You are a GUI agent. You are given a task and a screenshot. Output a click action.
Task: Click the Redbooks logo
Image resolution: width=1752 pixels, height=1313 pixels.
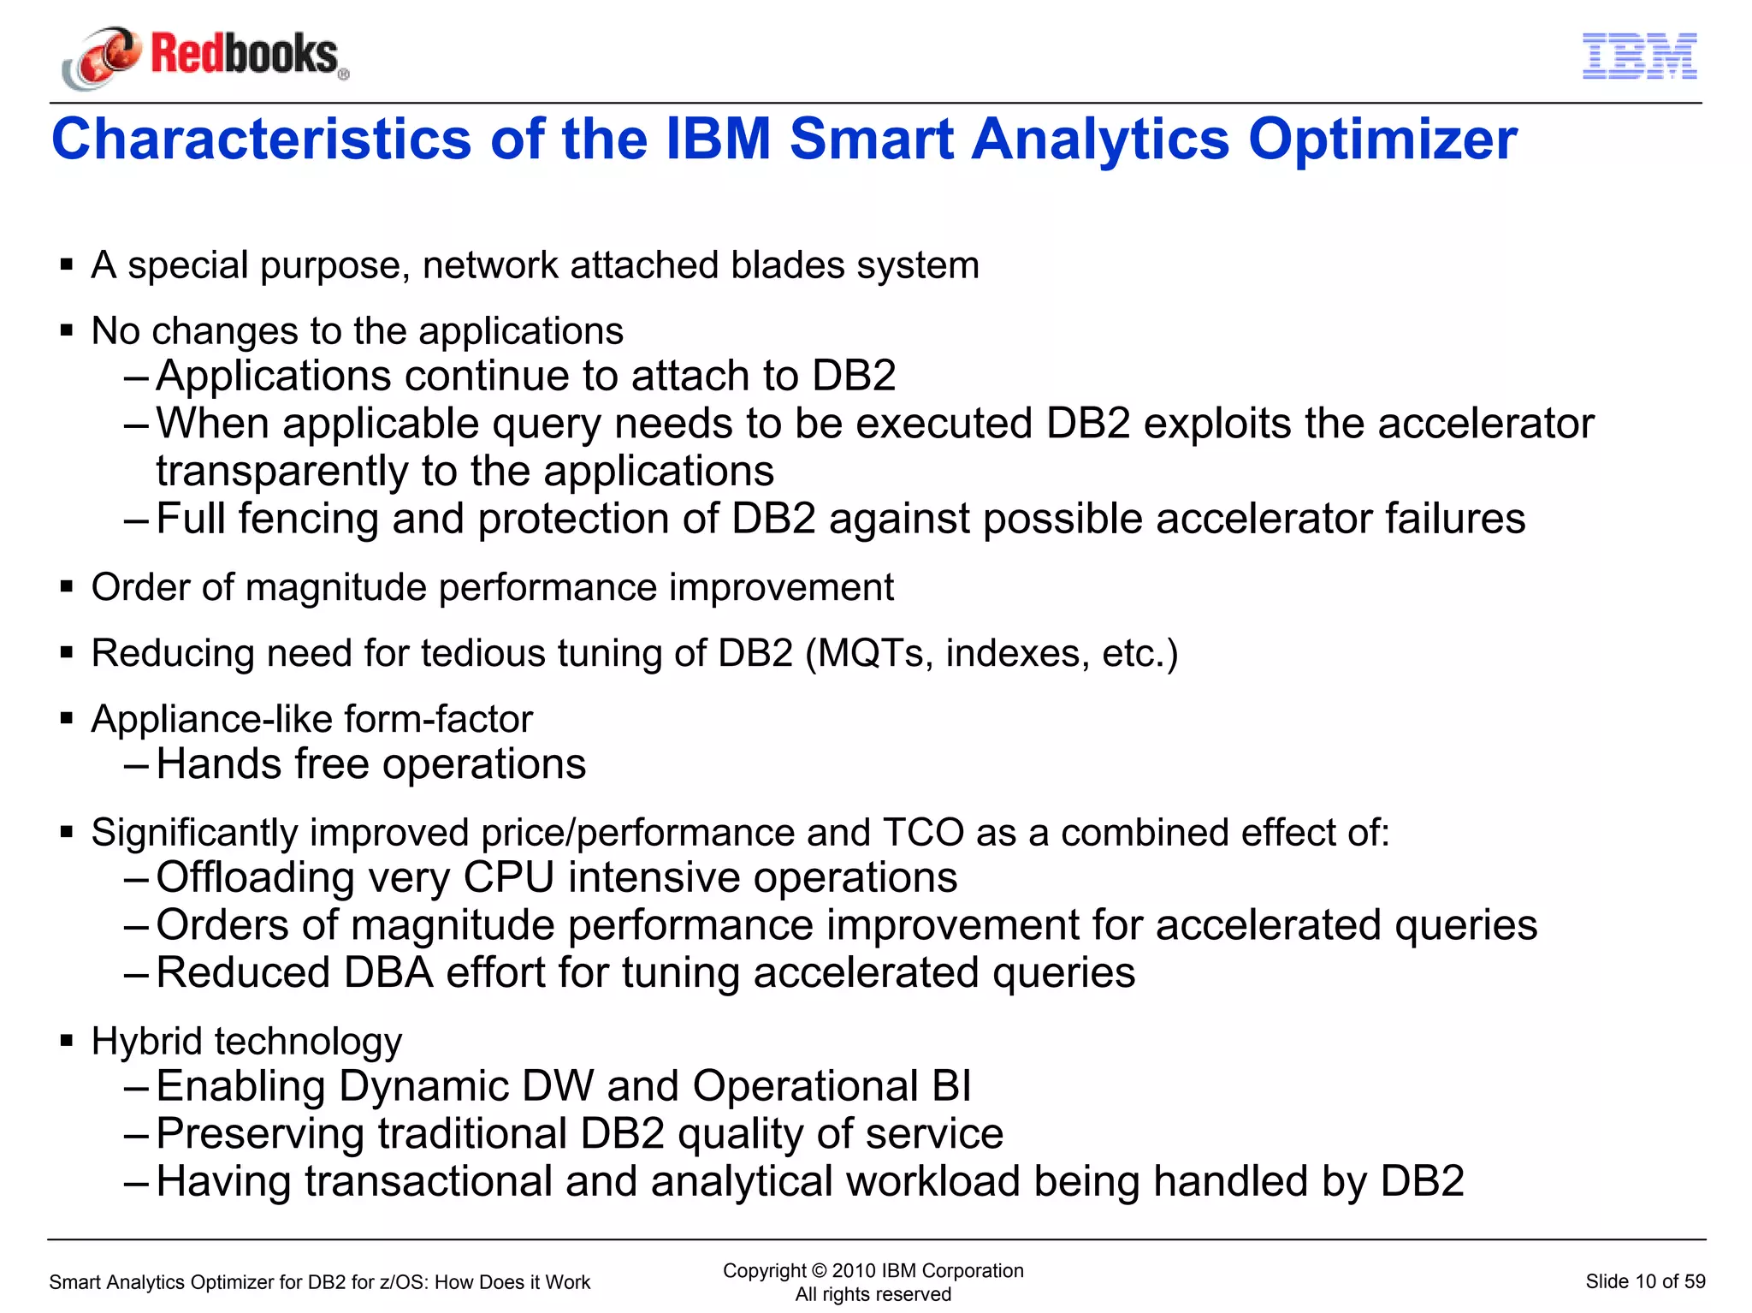point(205,56)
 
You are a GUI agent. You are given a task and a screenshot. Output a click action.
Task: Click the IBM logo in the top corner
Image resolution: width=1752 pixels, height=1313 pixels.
point(1639,56)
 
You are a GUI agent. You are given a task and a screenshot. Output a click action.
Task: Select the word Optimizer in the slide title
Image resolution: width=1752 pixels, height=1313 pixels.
point(1382,140)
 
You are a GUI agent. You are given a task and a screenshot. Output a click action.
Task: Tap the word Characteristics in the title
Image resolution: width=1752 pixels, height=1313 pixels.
point(261,140)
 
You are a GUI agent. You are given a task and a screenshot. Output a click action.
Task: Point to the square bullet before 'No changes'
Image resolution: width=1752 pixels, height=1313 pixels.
point(67,330)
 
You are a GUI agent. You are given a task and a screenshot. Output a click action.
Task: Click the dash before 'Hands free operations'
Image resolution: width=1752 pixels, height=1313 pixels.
point(137,764)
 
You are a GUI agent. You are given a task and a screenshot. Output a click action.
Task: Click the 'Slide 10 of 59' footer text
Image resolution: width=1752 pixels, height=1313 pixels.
point(1644,1281)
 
